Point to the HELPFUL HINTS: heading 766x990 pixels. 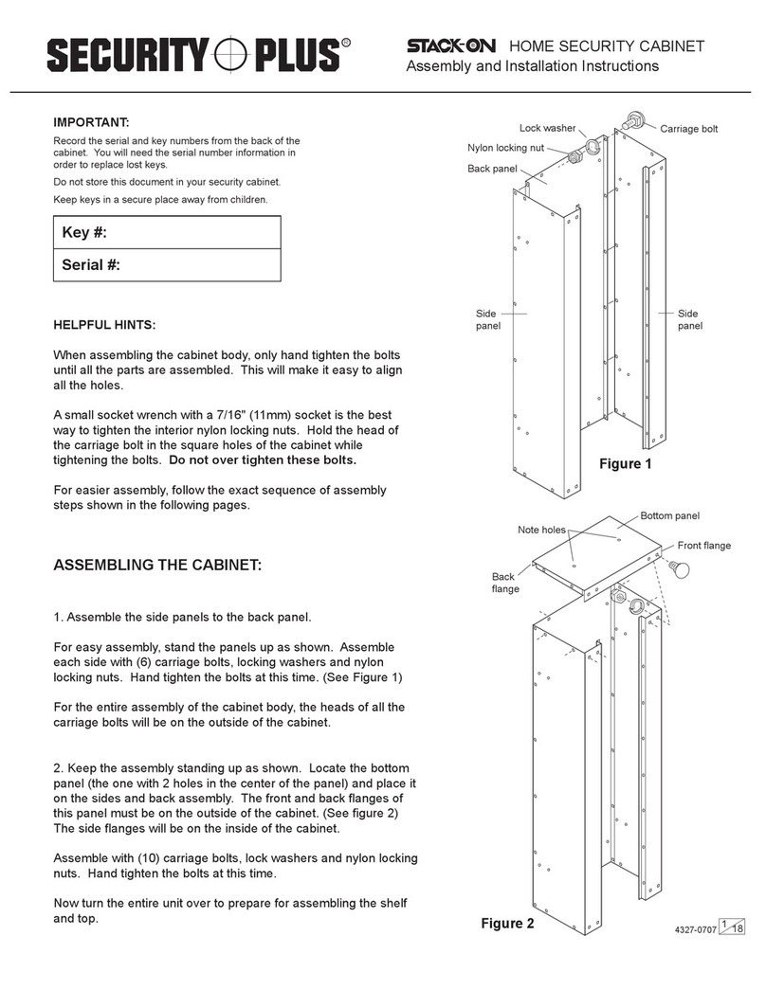click(105, 325)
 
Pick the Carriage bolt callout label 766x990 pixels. click(696, 128)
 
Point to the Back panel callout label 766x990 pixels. click(492, 169)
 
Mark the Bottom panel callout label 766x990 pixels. click(669, 515)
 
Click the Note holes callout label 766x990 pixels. click(541, 530)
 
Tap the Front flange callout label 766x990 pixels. click(702, 546)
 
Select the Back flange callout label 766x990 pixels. click(503, 582)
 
